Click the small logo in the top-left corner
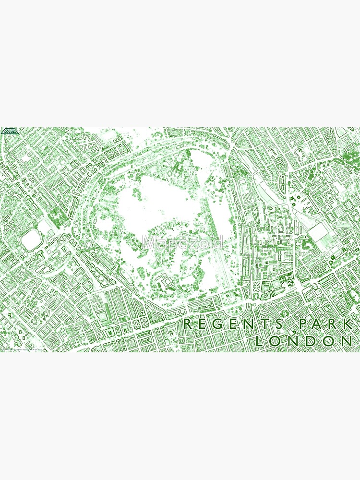[9, 132]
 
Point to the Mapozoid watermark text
[182, 242]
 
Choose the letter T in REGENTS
[264, 324]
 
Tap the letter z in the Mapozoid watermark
[192, 242]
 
